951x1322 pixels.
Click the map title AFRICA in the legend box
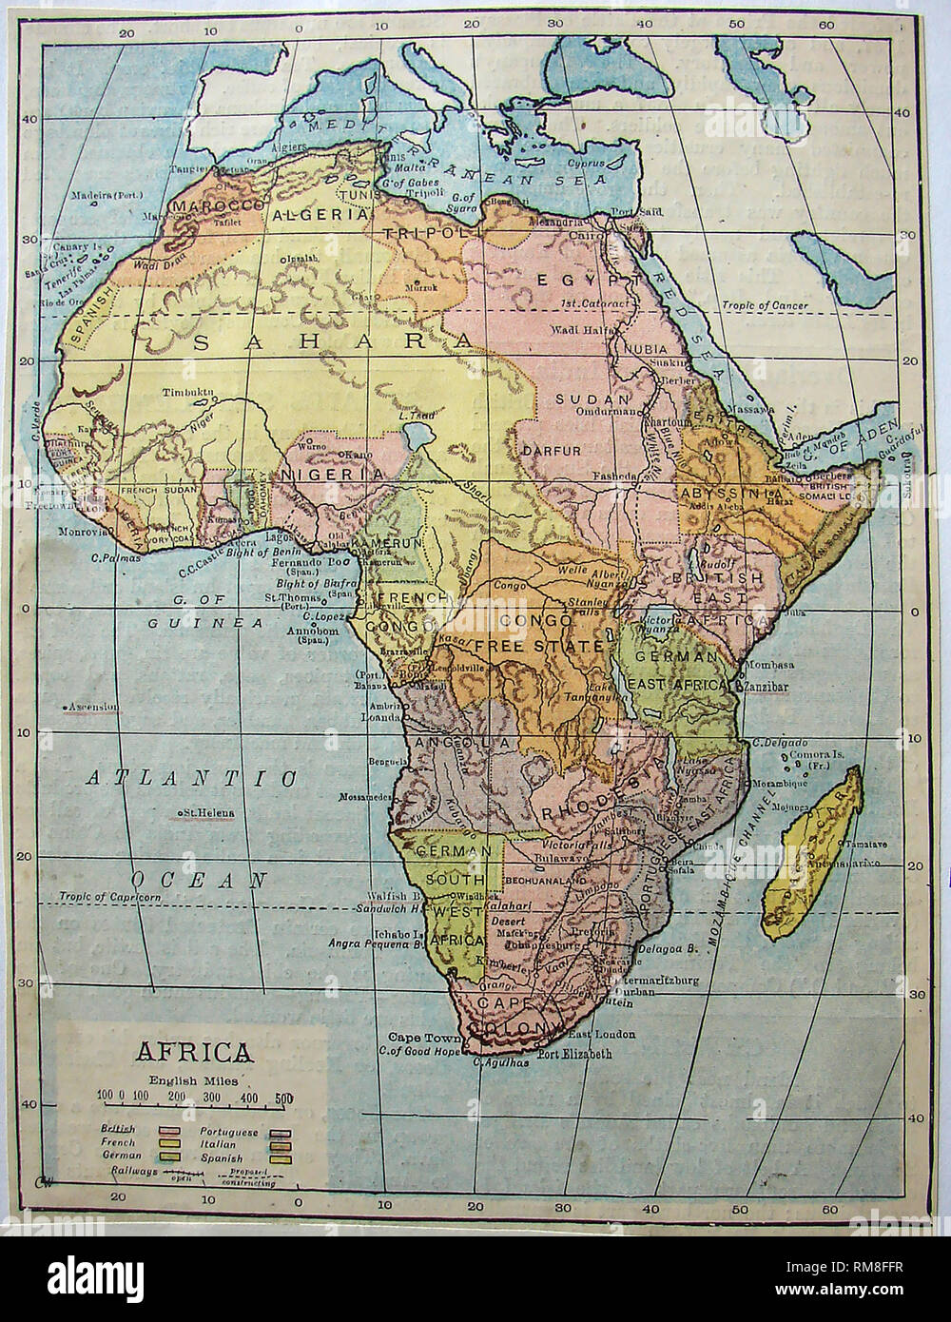click(196, 1053)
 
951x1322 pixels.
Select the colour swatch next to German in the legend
click(171, 1156)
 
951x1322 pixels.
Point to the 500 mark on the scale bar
click(283, 1098)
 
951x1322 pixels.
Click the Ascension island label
click(90, 707)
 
